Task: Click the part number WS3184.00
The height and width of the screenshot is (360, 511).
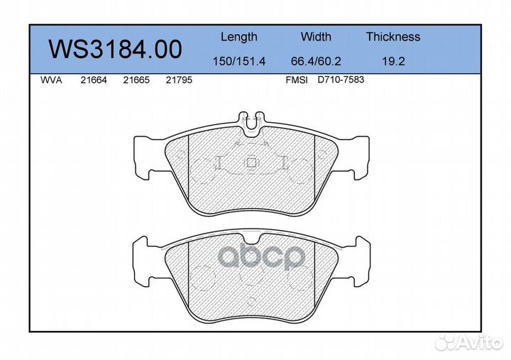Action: point(115,49)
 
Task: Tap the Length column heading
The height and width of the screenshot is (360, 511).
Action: point(239,37)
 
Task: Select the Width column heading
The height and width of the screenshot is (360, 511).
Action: point(316,36)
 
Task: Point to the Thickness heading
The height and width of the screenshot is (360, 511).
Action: point(393,36)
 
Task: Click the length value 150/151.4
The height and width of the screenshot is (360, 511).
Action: point(239,61)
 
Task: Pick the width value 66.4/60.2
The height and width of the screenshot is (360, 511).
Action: point(316,61)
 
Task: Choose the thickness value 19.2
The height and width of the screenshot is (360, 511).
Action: point(393,61)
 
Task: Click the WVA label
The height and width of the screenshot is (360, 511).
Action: point(51,80)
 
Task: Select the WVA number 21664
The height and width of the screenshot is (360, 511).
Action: point(94,80)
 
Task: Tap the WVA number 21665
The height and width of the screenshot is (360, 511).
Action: point(136,80)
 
